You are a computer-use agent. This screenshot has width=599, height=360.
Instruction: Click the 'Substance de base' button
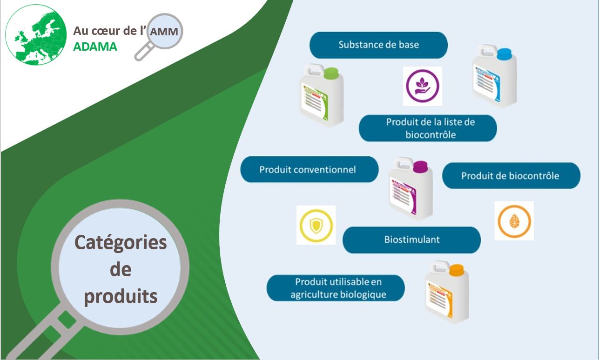(x=378, y=45)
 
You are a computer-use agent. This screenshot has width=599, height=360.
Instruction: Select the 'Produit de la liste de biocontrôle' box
(x=427, y=128)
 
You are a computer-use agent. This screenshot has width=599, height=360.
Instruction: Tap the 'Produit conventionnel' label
(x=309, y=169)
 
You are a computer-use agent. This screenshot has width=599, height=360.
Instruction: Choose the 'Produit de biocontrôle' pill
(x=511, y=176)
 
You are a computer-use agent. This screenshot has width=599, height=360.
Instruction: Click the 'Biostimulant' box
(x=411, y=240)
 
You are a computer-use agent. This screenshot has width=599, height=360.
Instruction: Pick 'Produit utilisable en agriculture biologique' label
(x=336, y=288)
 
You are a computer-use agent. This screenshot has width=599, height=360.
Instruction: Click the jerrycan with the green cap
(x=322, y=95)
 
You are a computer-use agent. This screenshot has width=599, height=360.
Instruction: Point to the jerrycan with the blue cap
(x=494, y=77)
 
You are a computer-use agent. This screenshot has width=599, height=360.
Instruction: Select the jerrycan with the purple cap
(x=411, y=189)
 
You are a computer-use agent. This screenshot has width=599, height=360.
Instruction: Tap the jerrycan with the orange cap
(x=447, y=292)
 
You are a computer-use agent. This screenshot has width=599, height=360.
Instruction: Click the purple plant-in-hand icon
(x=423, y=86)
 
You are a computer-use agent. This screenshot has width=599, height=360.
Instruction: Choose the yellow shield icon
(x=316, y=225)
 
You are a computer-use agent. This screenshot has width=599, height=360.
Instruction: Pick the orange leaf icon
(x=514, y=220)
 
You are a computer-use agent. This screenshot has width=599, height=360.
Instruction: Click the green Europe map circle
(x=36, y=35)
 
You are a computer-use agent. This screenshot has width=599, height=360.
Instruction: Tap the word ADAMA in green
(x=95, y=47)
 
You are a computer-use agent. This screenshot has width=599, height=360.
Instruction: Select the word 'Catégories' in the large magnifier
(x=121, y=242)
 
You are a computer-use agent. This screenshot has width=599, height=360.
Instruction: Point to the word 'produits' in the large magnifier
(x=121, y=296)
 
